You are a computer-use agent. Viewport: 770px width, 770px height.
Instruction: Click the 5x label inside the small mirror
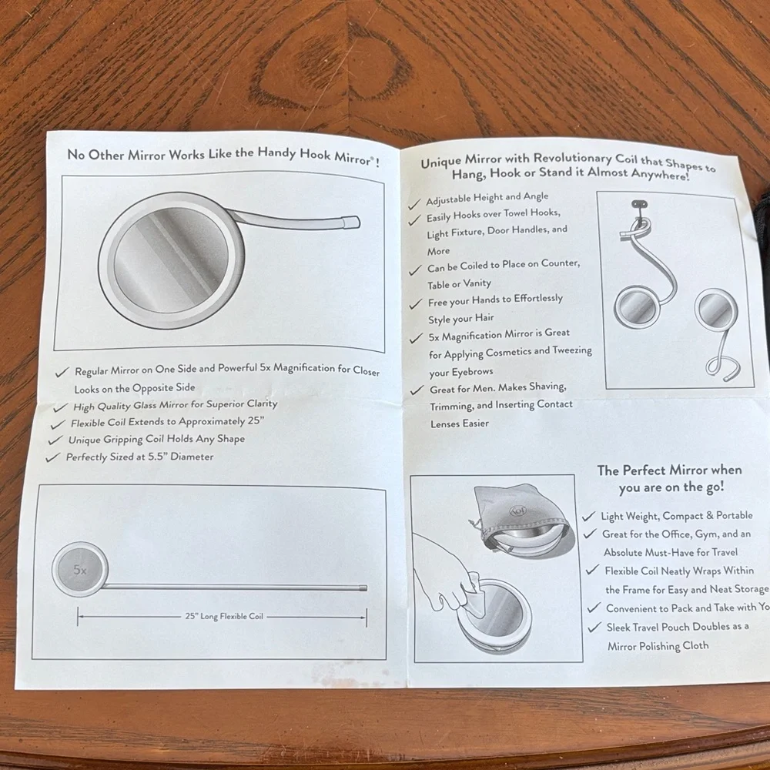(80, 570)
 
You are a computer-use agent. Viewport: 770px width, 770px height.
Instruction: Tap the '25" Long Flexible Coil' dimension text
(224, 616)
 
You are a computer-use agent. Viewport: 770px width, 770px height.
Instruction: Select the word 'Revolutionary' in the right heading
(574, 158)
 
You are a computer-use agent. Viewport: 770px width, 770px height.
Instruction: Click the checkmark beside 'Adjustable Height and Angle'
(414, 203)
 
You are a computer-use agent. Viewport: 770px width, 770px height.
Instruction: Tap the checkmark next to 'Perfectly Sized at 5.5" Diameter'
(52, 457)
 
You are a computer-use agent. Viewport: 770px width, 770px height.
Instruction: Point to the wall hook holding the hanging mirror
(638, 204)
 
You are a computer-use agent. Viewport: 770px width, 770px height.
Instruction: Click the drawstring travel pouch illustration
(520, 521)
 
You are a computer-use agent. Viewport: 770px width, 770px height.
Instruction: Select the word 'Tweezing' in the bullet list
(572, 350)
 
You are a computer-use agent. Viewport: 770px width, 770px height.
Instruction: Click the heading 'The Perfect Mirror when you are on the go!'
(670, 478)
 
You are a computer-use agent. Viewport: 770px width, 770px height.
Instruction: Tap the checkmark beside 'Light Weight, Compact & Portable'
(589, 517)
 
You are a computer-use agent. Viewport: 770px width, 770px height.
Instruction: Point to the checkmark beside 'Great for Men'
(417, 390)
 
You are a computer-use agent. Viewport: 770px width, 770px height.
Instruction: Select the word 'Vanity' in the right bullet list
(477, 283)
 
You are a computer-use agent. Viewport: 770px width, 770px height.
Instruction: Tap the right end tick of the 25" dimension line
(367, 618)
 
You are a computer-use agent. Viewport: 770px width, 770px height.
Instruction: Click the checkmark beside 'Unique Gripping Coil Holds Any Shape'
(55, 440)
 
